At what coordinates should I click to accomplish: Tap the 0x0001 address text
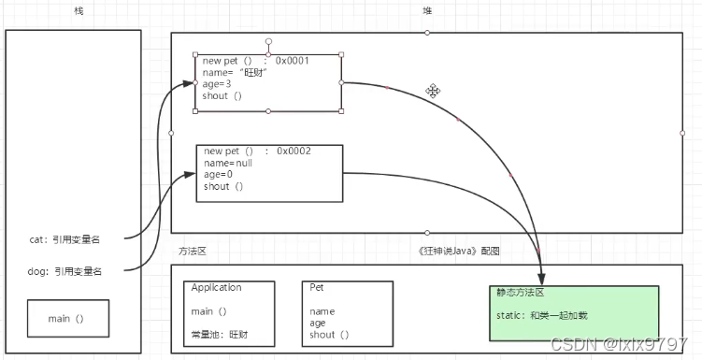point(292,61)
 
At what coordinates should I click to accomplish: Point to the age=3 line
point(217,83)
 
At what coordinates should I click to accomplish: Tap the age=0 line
point(218,174)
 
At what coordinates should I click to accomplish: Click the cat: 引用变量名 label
point(64,239)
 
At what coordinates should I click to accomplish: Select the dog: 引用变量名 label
point(65,271)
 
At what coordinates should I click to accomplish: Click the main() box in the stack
point(66,319)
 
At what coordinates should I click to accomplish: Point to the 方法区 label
point(192,251)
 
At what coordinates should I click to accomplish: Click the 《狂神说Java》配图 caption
point(461,251)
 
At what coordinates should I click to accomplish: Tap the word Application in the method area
point(216,288)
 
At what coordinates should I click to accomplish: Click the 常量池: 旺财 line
point(220,334)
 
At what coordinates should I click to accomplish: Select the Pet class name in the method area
point(317,288)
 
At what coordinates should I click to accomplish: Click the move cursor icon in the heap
point(433,91)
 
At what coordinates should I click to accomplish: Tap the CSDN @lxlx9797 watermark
point(619,344)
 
